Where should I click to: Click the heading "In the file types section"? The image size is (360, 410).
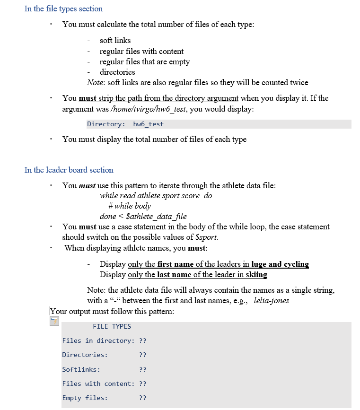click(x=63, y=9)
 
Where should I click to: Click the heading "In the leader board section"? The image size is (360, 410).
click(x=69, y=170)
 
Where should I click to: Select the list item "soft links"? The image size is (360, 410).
click(x=115, y=41)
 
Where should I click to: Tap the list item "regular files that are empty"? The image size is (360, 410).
click(x=144, y=61)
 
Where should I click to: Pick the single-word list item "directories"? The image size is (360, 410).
click(x=117, y=72)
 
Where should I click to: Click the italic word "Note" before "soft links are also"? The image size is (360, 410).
click(x=96, y=83)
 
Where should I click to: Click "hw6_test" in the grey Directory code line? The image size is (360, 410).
click(x=149, y=124)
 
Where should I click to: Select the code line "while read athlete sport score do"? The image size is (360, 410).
click(x=156, y=196)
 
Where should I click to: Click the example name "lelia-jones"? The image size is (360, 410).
click(x=271, y=300)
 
